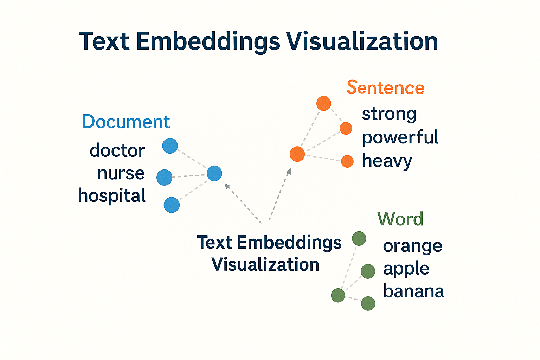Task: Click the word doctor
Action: (117, 150)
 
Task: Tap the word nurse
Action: (121, 173)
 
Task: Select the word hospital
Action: (112, 195)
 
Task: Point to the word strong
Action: (389, 114)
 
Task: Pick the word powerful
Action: (400, 137)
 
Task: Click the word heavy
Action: (387, 161)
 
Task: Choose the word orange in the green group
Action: (412, 246)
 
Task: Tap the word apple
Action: (406, 269)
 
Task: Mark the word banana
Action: (413, 291)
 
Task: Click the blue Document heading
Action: (126, 122)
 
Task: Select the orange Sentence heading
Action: (385, 88)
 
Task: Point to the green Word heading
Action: (400, 219)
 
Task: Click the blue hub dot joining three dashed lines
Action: (214, 173)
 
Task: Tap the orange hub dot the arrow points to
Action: (297, 154)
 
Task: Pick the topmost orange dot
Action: (324, 103)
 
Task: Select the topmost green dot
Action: (359, 238)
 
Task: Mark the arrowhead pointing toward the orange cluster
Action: (289, 171)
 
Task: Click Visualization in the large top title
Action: (362, 41)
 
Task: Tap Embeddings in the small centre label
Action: (289, 243)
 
